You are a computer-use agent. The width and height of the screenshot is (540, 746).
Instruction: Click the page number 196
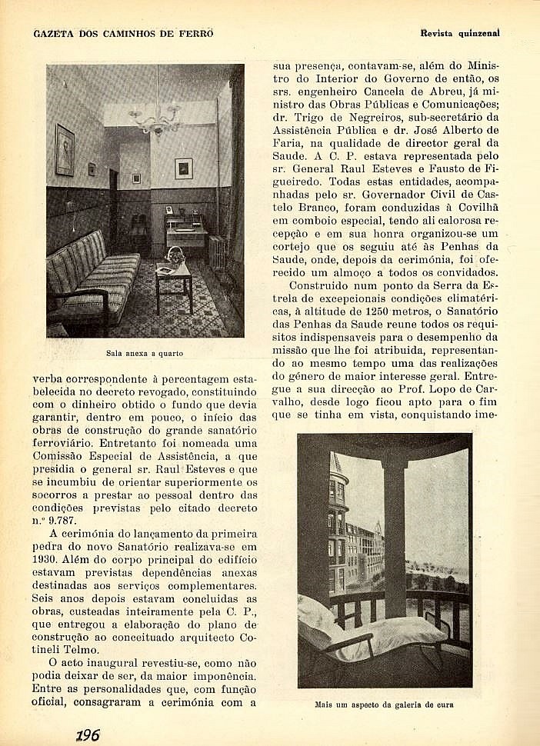click(88, 734)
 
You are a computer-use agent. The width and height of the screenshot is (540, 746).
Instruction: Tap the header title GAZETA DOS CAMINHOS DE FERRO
click(123, 34)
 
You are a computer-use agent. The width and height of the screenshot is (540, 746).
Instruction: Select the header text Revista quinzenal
click(460, 34)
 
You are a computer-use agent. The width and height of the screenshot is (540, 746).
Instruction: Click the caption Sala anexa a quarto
click(145, 354)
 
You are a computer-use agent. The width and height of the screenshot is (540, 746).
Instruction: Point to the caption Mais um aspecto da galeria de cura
click(385, 704)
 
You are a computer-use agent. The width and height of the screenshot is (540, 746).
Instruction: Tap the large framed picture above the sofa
click(65, 150)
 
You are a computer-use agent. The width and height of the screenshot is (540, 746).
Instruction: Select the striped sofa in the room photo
click(88, 273)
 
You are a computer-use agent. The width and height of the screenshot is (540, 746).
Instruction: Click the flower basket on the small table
click(175, 256)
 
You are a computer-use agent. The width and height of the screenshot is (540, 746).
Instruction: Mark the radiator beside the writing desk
click(217, 250)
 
